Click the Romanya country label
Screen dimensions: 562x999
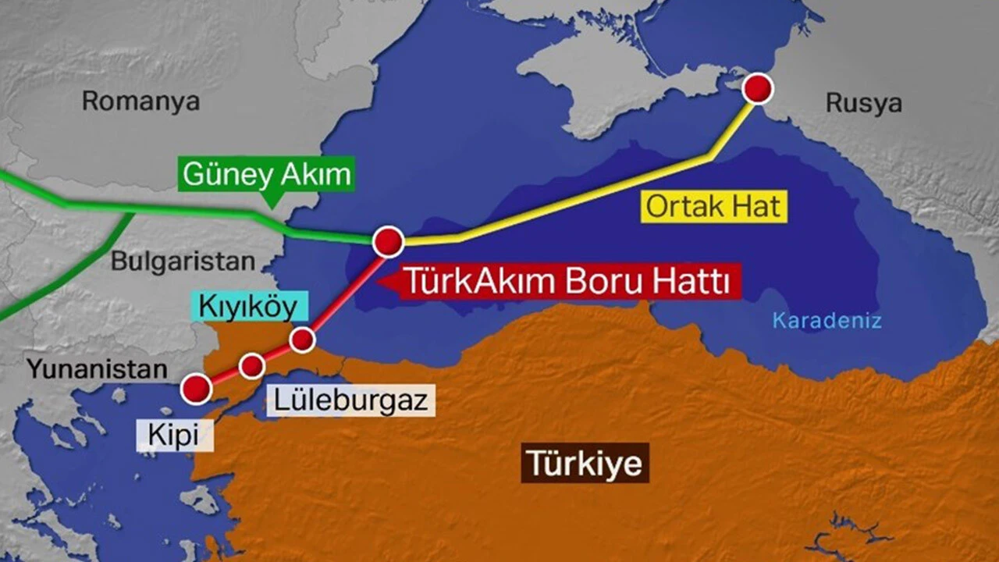pyautogui.click(x=140, y=101)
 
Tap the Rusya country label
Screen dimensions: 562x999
pyautogui.click(x=864, y=103)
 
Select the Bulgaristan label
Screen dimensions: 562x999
pyautogui.click(x=183, y=261)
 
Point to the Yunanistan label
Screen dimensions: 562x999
pyautogui.click(x=98, y=368)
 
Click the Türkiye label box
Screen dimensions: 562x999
pyautogui.click(x=585, y=463)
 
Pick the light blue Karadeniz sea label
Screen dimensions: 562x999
pyautogui.click(x=827, y=320)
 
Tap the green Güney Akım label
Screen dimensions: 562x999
pyautogui.click(x=266, y=174)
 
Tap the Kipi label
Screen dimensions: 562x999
pyautogui.click(x=175, y=436)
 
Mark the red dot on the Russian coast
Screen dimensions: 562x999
pyautogui.click(x=757, y=89)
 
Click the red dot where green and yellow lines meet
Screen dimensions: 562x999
pyautogui.click(x=388, y=242)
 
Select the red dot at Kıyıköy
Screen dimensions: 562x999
pyautogui.click(x=302, y=340)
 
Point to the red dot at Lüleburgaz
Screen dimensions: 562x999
pyautogui.click(x=251, y=365)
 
